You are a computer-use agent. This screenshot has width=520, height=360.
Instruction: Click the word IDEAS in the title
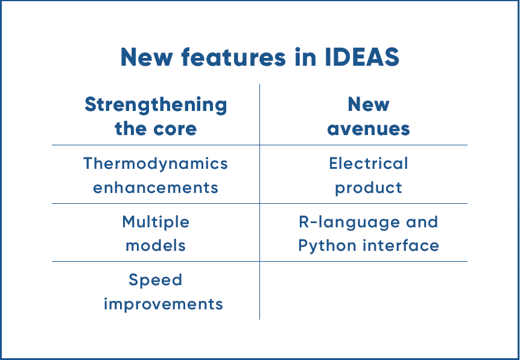pos(362,57)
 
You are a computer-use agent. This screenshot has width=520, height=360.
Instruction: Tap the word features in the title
pos(233,57)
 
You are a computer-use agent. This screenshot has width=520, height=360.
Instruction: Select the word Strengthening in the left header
pos(156,105)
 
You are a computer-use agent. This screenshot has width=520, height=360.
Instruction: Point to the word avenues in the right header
pos(369,129)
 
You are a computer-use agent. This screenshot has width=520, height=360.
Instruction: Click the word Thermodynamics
pos(156,164)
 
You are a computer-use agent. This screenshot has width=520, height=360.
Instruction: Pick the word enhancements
pos(156,188)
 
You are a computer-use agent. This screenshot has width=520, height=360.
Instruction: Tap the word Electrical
pos(369,163)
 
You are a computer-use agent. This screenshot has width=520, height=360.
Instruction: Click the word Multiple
pos(156,222)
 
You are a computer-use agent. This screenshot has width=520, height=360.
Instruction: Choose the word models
pos(156,245)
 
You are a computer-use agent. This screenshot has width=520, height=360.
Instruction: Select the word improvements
pos(163,305)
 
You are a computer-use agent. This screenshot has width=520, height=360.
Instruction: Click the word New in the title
pos(146,57)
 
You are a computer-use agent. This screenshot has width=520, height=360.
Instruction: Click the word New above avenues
pos(369,104)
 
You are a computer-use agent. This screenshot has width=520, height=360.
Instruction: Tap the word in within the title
pos(305,57)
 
